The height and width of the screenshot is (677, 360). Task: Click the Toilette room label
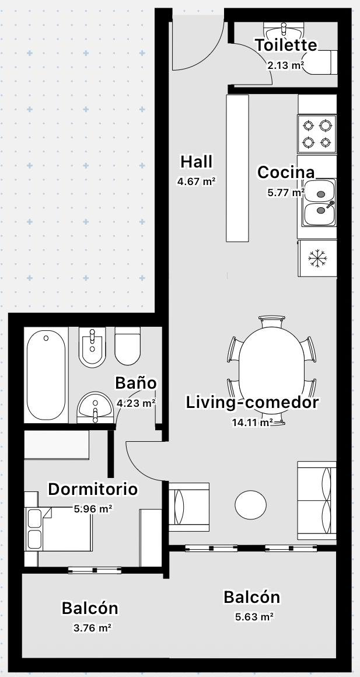pos(286,45)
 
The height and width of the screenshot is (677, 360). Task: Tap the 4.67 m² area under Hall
pos(196,182)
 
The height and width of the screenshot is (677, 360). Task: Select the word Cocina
pos(286,172)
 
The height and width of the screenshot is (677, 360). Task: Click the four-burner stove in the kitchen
pos(317,134)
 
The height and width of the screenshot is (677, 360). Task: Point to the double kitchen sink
pos(319,203)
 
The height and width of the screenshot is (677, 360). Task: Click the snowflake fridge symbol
pos(317,258)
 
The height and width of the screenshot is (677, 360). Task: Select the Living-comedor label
pos(252,402)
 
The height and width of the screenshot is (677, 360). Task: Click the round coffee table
pos(250,504)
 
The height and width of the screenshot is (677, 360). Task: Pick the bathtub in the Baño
pos(46,375)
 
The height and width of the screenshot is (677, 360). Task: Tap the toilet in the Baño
pos(128,346)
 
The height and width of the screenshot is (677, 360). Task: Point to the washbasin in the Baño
pos(95,407)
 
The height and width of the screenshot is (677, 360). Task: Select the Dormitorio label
pos(93,490)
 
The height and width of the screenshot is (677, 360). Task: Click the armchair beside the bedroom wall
pos(188,507)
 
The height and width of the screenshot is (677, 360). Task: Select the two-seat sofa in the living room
pos(316,500)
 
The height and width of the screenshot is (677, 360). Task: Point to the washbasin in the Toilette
pos(284,31)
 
